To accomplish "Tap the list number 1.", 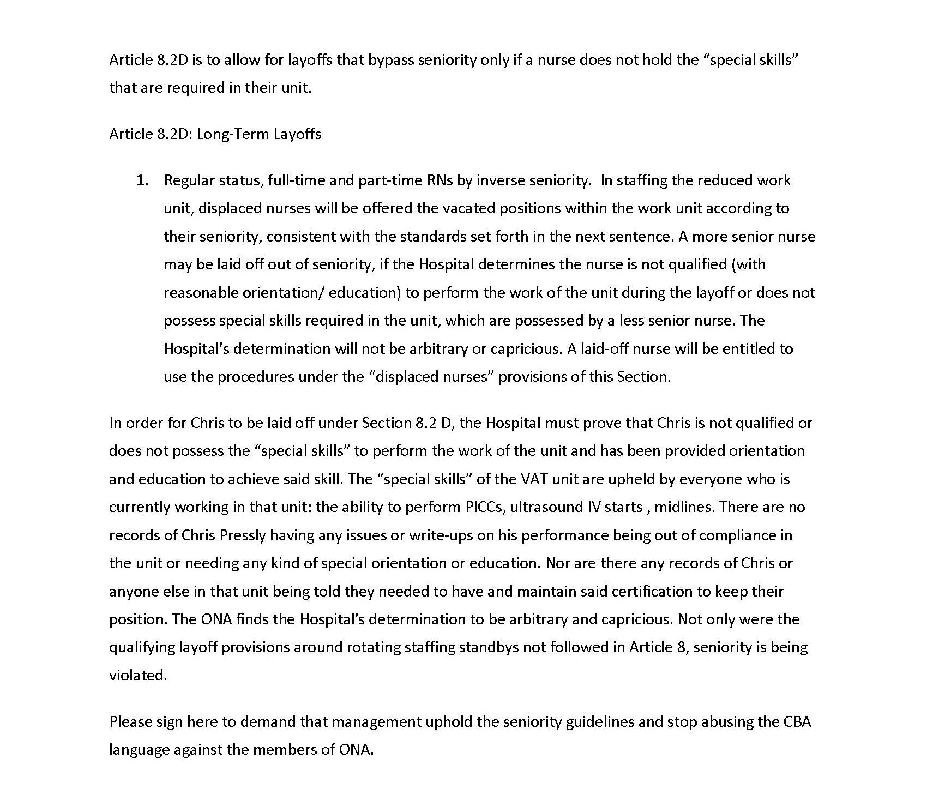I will pos(142,180).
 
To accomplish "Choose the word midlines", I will pos(684,507).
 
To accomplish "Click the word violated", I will pos(137,676).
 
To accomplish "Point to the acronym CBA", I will pos(797,722).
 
